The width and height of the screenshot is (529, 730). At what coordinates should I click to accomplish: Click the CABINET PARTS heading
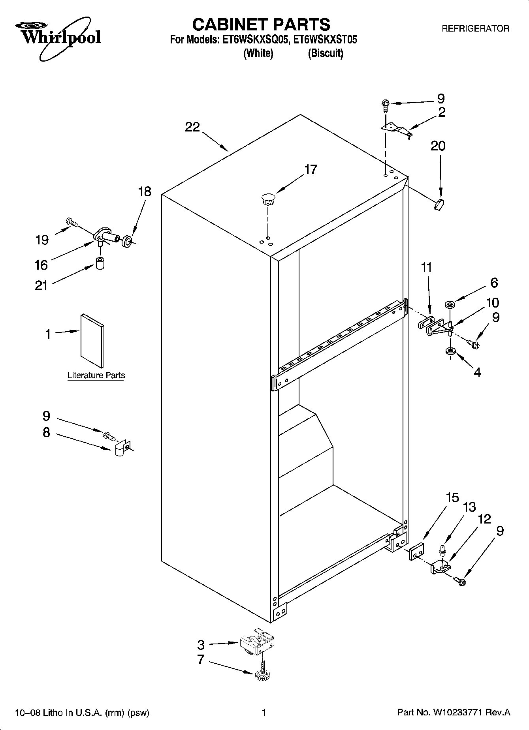pyautogui.click(x=261, y=24)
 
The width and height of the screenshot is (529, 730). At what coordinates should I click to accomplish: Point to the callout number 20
pyautogui.click(x=438, y=146)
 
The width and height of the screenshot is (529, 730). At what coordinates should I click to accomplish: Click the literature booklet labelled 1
pyautogui.click(x=92, y=341)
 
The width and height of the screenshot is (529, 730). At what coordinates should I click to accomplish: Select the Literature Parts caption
pyautogui.click(x=96, y=375)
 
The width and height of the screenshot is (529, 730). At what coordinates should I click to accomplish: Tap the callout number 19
pyautogui.click(x=42, y=240)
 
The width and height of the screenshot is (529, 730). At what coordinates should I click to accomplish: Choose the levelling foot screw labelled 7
pyautogui.click(x=260, y=675)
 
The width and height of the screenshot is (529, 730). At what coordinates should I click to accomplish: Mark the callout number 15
pyautogui.click(x=453, y=497)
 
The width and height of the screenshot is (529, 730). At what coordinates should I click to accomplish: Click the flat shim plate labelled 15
pyautogui.click(x=416, y=551)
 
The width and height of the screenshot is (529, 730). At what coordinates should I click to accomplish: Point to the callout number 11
pyautogui.click(x=426, y=267)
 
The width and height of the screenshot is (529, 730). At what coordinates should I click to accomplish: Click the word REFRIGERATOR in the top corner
pyautogui.click(x=475, y=29)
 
